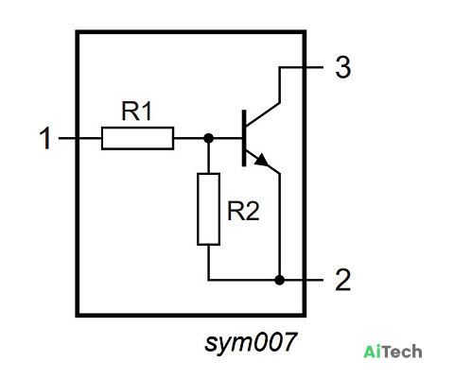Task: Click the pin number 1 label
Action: (45, 138)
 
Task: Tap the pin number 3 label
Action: (343, 67)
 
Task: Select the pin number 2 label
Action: (342, 280)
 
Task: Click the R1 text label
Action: (136, 111)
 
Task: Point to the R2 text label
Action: (243, 211)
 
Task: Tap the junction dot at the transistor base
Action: (208, 138)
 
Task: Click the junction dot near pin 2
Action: (279, 280)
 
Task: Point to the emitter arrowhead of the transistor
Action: (262, 160)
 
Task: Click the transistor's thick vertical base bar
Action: (244, 138)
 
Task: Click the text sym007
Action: (251, 342)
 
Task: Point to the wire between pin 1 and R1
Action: (80, 138)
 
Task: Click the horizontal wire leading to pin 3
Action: (301, 67)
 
